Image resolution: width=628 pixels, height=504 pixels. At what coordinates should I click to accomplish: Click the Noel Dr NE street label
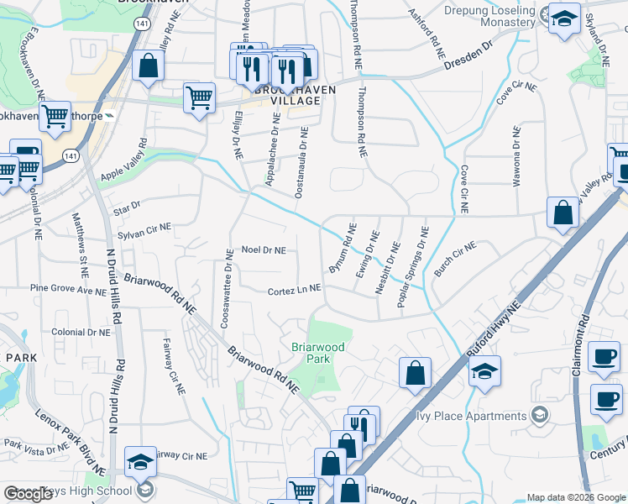coord(264,250)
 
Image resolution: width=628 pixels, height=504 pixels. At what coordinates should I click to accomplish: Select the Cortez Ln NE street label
coord(295,290)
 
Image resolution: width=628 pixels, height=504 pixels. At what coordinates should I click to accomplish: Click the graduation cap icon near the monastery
coord(564,18)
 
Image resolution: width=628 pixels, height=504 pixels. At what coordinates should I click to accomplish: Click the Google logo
coord(28,494)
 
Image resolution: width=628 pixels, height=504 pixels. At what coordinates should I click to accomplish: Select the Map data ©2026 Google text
coord(575,497)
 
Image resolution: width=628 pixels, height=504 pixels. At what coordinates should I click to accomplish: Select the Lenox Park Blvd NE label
coord(69,430)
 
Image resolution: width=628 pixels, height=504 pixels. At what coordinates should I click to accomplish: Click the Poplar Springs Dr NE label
coord(414,266)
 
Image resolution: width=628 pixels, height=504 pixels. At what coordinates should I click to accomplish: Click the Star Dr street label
coord(127,204)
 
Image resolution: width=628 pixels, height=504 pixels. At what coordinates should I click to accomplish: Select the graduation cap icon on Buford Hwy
coord(484,370)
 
